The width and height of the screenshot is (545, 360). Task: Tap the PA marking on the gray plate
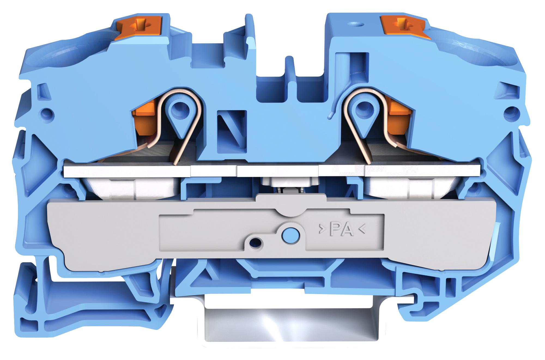pos(342,230)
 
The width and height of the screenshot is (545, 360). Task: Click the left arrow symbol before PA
pos(322,230)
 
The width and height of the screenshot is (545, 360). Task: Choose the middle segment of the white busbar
pos(278,171)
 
